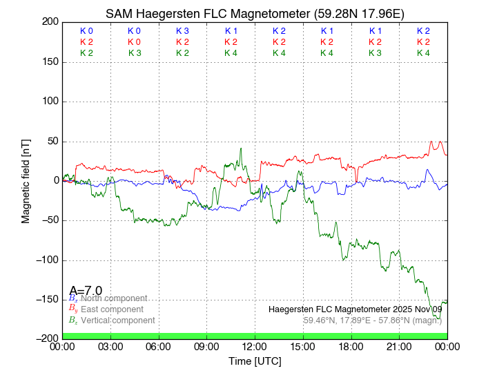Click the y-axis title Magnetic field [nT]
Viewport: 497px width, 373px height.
tap(26, 180)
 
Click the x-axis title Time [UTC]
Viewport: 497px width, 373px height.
tap(255, 361)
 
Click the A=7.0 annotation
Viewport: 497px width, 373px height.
tap(86, 291)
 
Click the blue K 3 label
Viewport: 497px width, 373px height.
tap(182, 31)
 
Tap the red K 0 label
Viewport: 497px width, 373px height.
tap(134, 42)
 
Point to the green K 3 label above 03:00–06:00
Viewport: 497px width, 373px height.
tap(134, 53)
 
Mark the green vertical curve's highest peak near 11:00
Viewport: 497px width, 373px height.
tap(241, 149)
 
